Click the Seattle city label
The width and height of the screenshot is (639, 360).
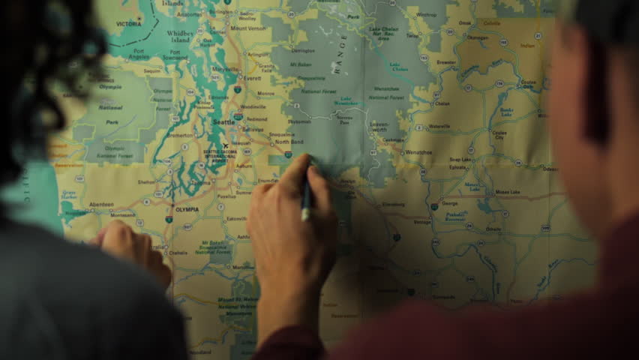click(223, 121)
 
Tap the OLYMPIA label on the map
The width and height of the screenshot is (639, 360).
click(186, 209)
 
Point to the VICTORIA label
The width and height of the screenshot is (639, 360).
click(128, 23)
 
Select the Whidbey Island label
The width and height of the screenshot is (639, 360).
click(180, 37)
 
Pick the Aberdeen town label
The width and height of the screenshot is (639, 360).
click(101, 204)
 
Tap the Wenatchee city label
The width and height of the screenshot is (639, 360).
click(418, 152)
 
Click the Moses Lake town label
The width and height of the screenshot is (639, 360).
click(507, 191)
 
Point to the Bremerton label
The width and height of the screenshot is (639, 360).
click(179, 136)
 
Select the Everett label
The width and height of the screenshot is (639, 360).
click(253, 77)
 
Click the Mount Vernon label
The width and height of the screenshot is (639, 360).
click(247, 28)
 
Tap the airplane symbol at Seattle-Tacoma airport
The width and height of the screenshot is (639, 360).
click(225, 146)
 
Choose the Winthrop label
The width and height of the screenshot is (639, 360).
click(426, 14)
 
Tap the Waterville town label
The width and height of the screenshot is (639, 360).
click(439, 126)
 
